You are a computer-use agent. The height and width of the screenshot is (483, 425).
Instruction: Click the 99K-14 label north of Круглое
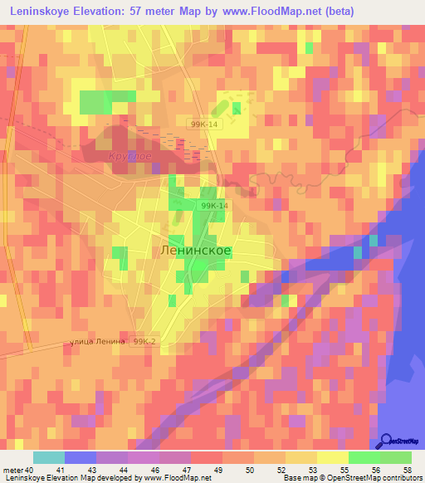[x=203, y=124]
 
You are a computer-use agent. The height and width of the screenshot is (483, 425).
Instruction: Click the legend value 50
[x=246, y=471]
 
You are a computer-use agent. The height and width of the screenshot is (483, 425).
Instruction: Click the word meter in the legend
[x=14, y=471]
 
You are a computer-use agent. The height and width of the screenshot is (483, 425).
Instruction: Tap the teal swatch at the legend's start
[x=49, y=457]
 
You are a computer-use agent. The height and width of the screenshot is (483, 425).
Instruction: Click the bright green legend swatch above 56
[x=364, y=457]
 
